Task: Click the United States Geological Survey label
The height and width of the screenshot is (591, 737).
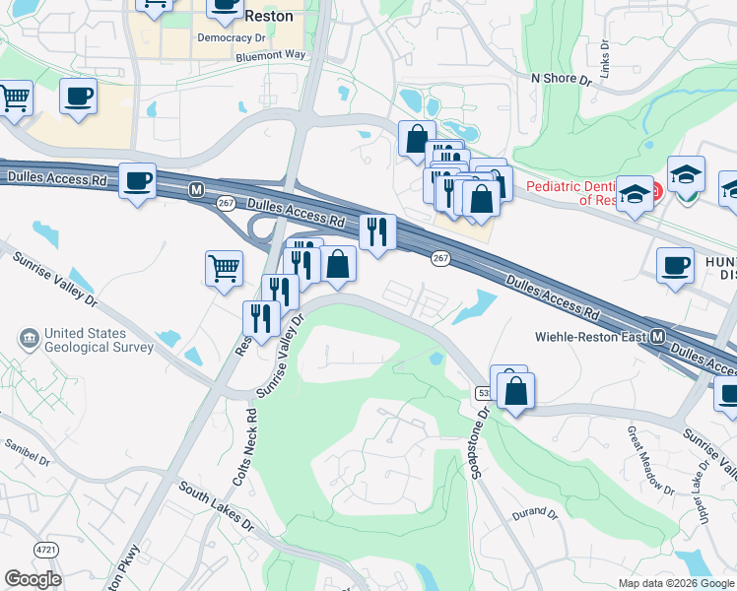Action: pos(99,340)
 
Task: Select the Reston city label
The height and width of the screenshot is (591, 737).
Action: pos(268,16)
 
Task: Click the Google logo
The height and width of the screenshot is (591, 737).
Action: pos(33,579)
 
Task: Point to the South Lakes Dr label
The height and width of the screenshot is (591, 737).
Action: pos(216,507)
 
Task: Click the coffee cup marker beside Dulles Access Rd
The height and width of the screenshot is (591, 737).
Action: pos(138,180)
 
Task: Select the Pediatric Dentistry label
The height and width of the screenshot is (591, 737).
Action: pos(571,192)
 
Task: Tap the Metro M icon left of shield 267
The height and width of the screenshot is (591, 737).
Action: pos(197,188)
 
